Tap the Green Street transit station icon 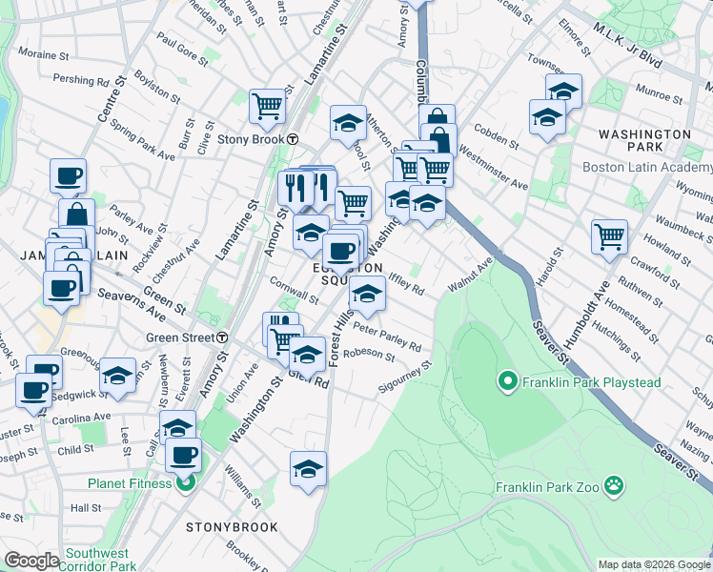(222, 337)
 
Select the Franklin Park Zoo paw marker (615, 486)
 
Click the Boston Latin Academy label (645, 167)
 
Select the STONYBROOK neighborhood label (233, 526)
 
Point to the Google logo (31, 560)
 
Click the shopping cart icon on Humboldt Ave (609, 235)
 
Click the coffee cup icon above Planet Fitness (183, 453)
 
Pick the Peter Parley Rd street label (387, 337)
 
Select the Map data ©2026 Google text (654, 564)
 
